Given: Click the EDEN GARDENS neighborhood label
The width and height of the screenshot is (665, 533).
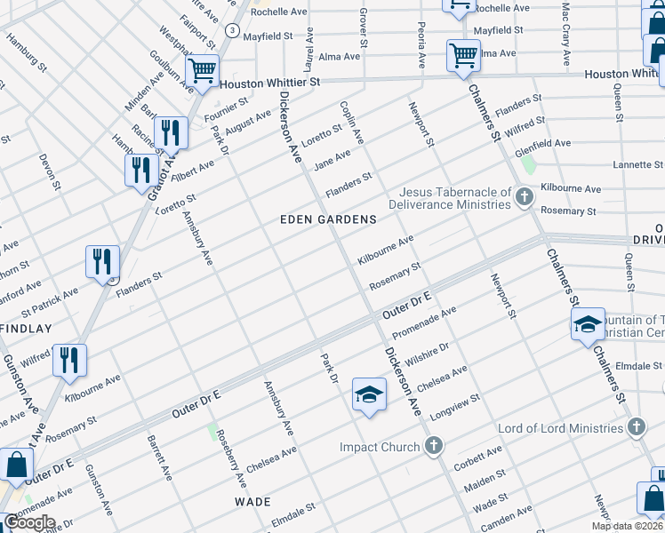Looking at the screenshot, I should coord(329,219).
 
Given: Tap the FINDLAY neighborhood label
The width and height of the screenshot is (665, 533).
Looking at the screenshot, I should coord(26,329).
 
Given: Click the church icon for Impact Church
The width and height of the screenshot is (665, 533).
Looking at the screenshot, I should coord(434,446).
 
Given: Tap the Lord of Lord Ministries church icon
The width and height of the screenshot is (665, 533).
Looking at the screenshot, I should coord(636,428).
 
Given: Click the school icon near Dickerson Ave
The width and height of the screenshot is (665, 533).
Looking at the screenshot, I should coord(369,394).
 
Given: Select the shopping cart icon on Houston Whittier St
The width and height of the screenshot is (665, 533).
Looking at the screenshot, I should coord(203,68).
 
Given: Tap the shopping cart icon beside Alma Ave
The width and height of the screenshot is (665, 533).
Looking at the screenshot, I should coord(463,55).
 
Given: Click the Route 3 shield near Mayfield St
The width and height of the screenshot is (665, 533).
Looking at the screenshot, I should coord(232,30).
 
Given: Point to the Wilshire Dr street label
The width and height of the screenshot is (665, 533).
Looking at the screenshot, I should coord(427,354).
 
